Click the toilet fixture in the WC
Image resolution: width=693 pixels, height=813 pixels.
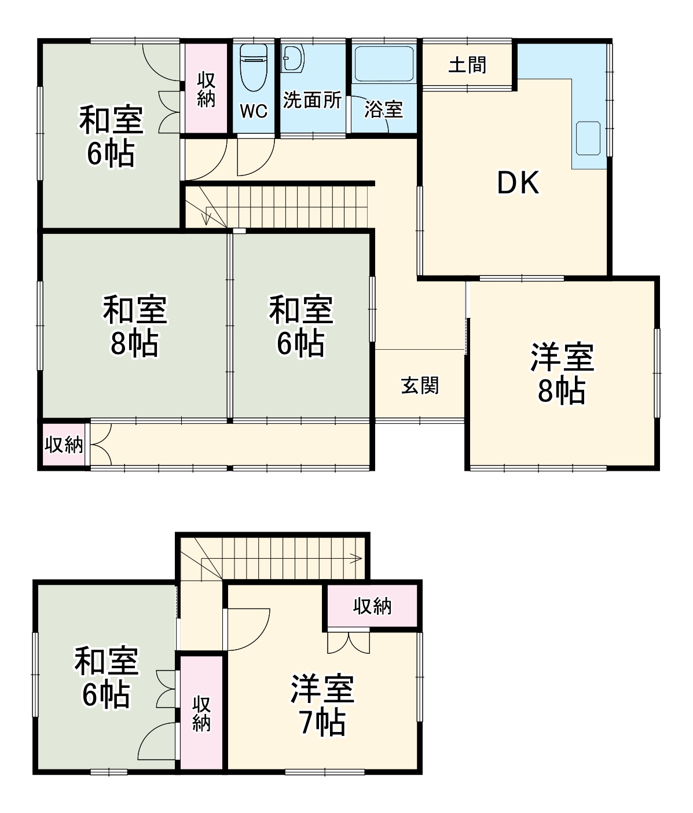coord(253,68)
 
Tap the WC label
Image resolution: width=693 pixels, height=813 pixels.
coord(254,111)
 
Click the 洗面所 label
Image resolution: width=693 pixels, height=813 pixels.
coord(312,100)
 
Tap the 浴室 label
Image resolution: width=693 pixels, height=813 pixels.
coord(383,109)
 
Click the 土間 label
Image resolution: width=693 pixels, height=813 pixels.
coord(467,65)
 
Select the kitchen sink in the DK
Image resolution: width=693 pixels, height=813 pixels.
coord(589,138)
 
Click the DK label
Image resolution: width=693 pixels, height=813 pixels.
coord(518,183)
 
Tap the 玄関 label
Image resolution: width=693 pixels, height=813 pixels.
coord(420,385)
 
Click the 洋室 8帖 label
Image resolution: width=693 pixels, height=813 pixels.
coord(562,374)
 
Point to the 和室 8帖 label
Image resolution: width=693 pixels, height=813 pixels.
coord(135,326)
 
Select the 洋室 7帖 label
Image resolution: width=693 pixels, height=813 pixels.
coord(322,705)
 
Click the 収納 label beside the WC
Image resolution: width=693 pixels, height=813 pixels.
coord(206,89)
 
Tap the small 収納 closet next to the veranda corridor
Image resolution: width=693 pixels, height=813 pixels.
coord(64,445)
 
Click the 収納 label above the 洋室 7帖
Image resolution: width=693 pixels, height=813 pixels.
coord(372,606)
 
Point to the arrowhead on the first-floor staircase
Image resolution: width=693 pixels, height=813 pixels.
coord(207,219)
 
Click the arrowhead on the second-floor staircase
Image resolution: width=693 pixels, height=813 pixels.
coord(357,558)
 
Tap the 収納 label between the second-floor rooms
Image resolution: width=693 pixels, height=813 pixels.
coord(201,713)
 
